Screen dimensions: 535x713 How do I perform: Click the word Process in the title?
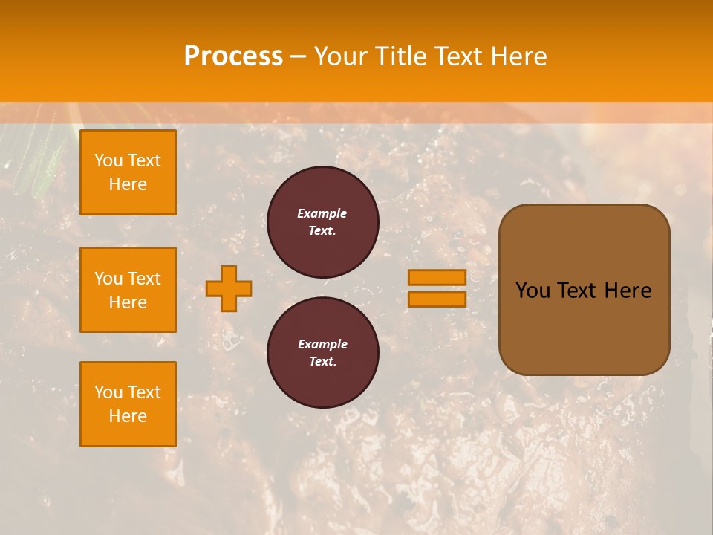pyautogui.click(x=233, y=56)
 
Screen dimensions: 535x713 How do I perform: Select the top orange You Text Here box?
pyautogui.click(x=128, y=172)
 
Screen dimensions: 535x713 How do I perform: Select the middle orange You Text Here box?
pyautogui.click(x=128, y=290)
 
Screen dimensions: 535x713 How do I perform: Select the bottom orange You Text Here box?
pyautogui.click(x=128, y=404)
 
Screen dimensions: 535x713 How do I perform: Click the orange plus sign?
pyautogui.click(x=229, y=288)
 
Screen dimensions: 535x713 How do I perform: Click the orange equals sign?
pyautogui.click(x=437, y=288)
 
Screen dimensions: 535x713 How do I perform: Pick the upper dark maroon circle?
pyautogui.click(x=322, y=222)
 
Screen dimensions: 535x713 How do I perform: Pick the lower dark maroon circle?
pyautogui.click(x=322, y=353)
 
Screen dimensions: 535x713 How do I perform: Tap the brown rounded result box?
pyautogui.click(x=584, y=290)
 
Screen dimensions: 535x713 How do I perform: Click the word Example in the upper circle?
pyautogui.click(x=322, y=213)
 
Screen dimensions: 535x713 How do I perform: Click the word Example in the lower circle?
pyautogui.click(x=322, y=344)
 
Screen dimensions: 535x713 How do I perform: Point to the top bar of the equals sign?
pyautogui.click(x=437, y=277)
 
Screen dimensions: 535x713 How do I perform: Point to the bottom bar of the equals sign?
pyautogui.click(x=437, y=299)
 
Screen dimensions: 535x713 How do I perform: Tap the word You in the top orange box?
pyautogui.click(x=108, y=160)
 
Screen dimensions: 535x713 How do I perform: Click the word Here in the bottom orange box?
pyautogui.click(x=128, y=416)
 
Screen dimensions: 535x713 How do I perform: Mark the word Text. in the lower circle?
pyautogui.click(x=322, y=362)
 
